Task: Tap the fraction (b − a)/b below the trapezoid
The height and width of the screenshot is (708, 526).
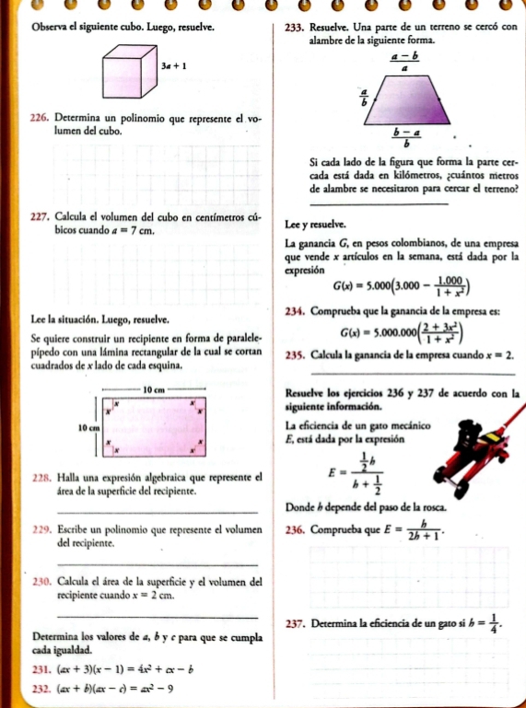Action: [403, 138]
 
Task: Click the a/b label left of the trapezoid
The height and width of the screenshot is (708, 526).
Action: [364, 98]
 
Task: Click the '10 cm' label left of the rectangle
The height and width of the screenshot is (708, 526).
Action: [88, 428]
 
